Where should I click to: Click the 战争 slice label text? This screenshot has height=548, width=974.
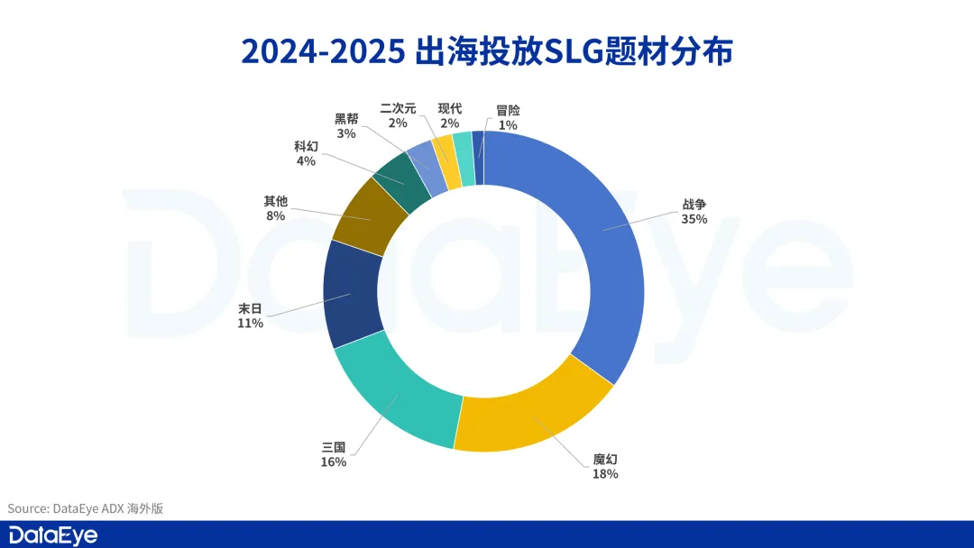pyautogui.click(x=694, y=205)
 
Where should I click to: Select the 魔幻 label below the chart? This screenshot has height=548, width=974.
pyautogui.click(x=604, y=459)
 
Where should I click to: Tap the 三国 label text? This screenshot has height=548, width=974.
pyautogui.click(x=334, y=447)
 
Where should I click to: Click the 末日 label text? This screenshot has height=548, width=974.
pyautogui.click(x=250, y=308)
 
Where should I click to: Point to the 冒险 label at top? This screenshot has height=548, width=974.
pyautogui.click(x=508, y=110)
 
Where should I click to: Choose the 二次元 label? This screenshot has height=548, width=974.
pyautogui.click(x=398, y=108)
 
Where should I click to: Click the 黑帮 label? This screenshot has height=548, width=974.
pyautogui.click(x=346, y=119)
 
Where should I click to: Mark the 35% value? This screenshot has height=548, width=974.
pyautogui.click(x=694, y=219)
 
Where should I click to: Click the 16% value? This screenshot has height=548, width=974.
pyautogui.click(x=334, y=462)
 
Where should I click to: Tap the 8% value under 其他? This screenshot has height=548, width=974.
pyautogui.click(x=275, y=216)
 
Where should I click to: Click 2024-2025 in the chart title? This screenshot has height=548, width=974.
pyautogui.click(x=322, y=51)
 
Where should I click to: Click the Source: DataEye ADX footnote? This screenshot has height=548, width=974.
pyautogui.click(x=86, y=508)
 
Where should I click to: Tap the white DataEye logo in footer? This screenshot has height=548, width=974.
pyautogui.click(x=53, y=534)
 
